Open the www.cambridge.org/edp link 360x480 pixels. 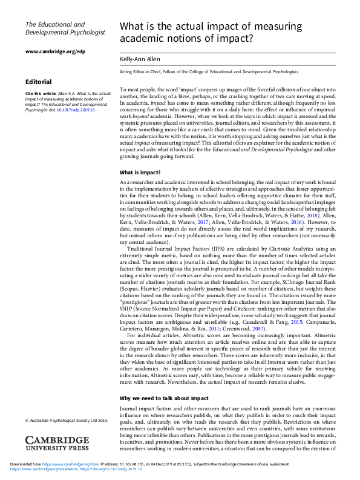tap(54, 52)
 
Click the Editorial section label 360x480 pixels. tap(38, 82)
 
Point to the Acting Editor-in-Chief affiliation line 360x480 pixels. tap(209, 72)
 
